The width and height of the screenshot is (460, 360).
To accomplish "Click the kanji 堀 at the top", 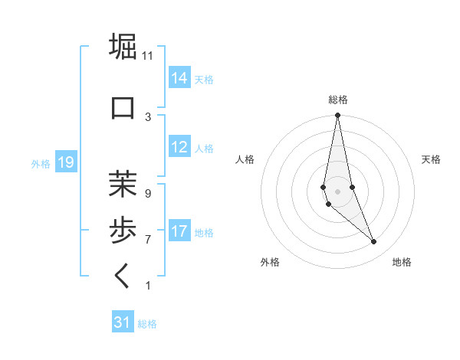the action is (x=123, y=47).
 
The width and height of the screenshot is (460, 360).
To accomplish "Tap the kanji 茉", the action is (x=123, y=184).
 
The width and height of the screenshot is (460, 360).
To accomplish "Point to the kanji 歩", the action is (x=123, y=229).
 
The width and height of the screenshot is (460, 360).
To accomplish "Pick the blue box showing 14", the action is (x=179, y=77).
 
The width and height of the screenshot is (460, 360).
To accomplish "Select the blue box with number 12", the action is (x=179, y=147).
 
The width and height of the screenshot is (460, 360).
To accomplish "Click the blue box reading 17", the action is (x=179, y=231).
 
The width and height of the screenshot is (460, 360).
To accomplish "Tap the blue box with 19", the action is (x=65, y=162).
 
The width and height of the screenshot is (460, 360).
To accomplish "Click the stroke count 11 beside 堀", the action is (x=148, y=55).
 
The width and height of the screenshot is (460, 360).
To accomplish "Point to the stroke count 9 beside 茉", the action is (x=148, y=193).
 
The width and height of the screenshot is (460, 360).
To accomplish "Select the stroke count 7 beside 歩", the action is (x=148, y=240).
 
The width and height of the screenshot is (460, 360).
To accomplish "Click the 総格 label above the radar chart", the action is (x=338, y=100).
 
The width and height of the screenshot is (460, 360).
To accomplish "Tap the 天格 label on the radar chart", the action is (x=431, y=159).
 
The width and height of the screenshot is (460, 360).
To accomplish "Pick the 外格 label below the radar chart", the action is (x=270, y=262).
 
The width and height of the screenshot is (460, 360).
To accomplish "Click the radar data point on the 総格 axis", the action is (x=337, y=116).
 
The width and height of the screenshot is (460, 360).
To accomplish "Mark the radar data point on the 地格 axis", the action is (x=374, y=242).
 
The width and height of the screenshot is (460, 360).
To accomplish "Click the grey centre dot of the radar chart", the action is (x=337, y=191).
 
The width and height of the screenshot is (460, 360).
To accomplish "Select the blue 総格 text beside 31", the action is (x=148, y=324).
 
